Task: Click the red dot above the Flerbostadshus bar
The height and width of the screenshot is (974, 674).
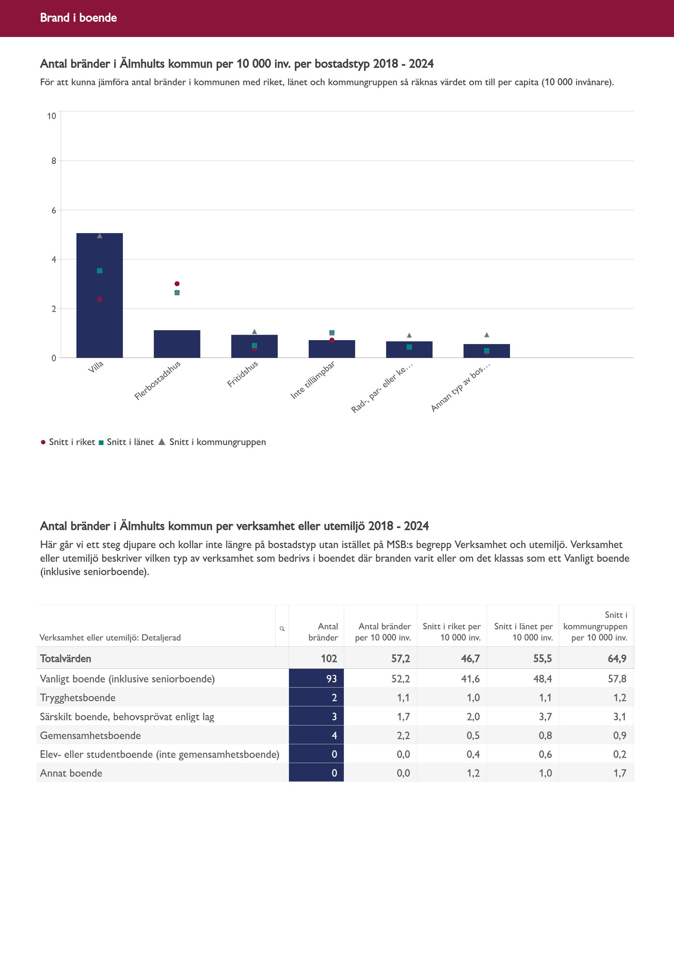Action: pyautogui.click(x=177, y=284)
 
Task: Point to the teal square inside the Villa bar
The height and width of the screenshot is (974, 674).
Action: pyautogui.click(x=100, y=271)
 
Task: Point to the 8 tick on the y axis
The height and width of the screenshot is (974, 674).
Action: pyautogui.click(x=54, y=161)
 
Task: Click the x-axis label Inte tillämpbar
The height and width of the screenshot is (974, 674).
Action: pyautogui.click(x=313, y=380)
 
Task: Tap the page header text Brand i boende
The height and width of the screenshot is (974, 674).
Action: pyautogui.click(x=79, y=18)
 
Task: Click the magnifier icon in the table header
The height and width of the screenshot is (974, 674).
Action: pyautogui.click(x=282, y=629)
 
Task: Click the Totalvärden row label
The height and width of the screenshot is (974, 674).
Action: pyautogui.click(x=65, y=659)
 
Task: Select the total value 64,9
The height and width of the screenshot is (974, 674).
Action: pyautogui.click(x=617, y=659)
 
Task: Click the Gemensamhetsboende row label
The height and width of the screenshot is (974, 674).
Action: pyautogui.click(x=90, y=735)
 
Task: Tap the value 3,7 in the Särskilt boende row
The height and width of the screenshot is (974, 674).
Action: pyautogui.click(x=545, y=716)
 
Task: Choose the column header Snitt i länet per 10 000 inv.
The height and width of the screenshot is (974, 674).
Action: pyautogui.click(x=523, y=632)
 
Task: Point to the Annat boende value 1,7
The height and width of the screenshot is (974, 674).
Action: pyautogui.click(x=619, y=773)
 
